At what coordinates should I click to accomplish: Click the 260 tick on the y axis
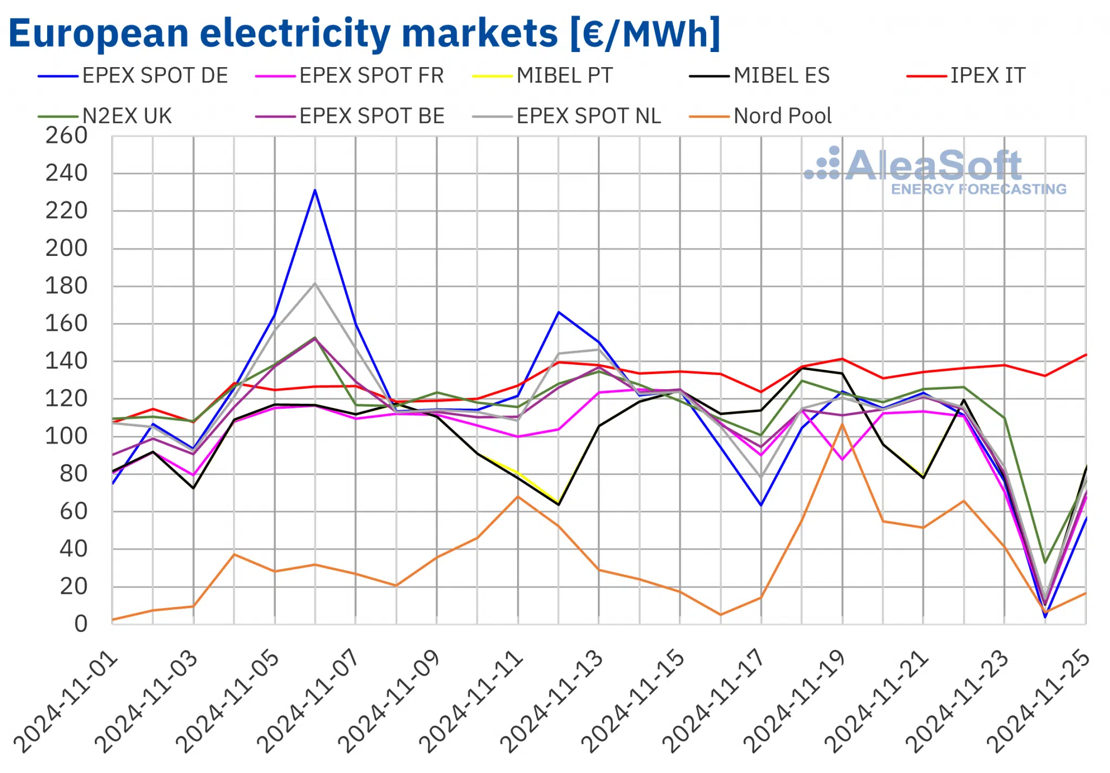pos(66,136)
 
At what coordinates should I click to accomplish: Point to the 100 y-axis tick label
pos(66,436)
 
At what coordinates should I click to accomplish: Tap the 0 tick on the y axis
pos(81,624)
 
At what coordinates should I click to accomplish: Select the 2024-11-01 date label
pos(65,702)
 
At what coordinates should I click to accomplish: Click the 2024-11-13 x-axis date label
pos(551,702)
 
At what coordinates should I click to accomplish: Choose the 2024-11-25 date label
pos(1038,702)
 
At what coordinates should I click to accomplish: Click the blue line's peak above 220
pos(315,190)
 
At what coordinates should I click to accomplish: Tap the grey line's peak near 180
pos(315,284)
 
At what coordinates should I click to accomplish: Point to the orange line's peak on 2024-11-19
pos(842,424)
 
